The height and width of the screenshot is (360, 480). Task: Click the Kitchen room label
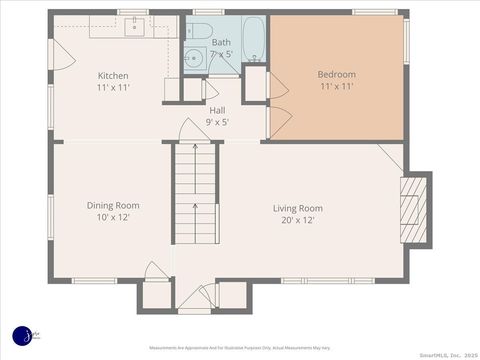tap(112, 76)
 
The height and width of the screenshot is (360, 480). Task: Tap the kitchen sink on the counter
tap(134, 27)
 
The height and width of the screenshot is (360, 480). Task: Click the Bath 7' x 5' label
tap(221, 48)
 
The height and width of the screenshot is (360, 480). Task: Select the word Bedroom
tap(336, 74)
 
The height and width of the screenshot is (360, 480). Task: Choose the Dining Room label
tap(112, 205)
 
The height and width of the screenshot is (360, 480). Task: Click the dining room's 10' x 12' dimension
tap(112, 217)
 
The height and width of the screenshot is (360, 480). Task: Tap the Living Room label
tap(298, 208)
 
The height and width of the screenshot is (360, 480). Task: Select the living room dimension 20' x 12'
tap(298, 220)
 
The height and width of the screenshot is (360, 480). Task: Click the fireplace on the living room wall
tap(414, 210)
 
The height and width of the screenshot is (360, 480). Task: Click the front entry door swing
tap(190, 298)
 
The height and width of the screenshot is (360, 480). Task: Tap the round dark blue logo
tap(23, 336)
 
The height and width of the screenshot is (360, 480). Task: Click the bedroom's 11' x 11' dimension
tap(336, 87)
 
